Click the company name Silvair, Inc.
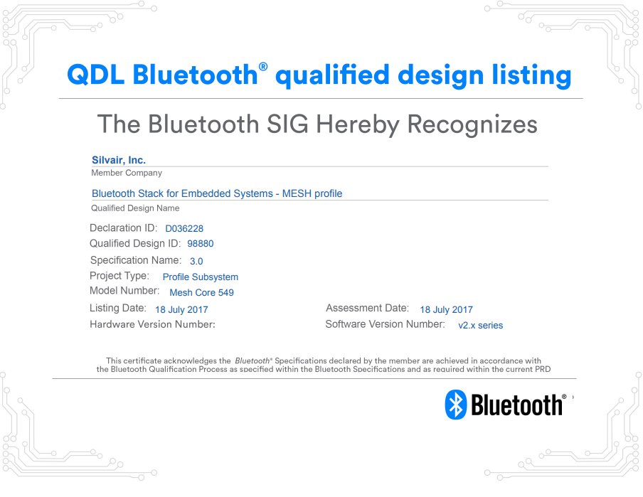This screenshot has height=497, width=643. coord(119,160)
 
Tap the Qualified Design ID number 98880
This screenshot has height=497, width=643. coord(201,244)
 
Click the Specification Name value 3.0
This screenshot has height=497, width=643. coord(196,261)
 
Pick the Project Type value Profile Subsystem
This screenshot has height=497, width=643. coord(201,277)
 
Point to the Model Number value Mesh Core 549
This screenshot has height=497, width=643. coord(201,292)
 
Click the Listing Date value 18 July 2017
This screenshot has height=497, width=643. coord(181,310)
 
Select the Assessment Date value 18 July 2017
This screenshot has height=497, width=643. coord(446,310)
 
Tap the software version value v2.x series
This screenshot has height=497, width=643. coord(480,326)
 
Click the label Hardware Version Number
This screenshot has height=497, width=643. coord(152,324)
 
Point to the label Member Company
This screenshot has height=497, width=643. coord(127,173)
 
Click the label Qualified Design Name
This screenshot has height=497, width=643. coord(135,208)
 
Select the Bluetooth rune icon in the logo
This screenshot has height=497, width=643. coord(455,404)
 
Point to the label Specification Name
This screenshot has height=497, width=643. coord(135,260)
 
